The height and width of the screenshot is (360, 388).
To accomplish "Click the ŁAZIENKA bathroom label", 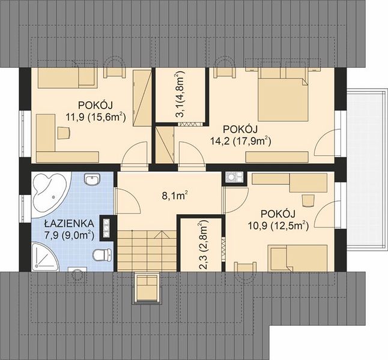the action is point(69,224).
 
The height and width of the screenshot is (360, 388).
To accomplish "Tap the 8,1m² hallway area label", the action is point(174,196).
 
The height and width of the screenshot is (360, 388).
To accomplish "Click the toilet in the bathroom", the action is point(102,254).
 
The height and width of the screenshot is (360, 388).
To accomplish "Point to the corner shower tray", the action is point(44,257).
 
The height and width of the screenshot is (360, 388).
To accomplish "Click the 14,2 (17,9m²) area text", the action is point(241,142).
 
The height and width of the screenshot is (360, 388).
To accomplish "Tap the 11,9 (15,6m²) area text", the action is point(96,117).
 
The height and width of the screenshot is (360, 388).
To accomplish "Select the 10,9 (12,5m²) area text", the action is point(278,226).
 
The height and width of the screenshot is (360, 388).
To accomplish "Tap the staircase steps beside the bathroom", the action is point(147,250).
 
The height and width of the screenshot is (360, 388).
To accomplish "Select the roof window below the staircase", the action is point(147,288).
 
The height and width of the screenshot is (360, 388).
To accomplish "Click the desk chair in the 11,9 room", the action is point(64,133).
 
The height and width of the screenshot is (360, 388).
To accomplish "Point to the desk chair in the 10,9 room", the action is point(308,200).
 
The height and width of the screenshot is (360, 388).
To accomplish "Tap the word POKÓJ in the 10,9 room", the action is point(278,214).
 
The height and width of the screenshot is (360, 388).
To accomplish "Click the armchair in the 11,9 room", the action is point(115,67).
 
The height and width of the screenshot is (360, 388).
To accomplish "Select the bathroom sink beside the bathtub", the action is point(92,179).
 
